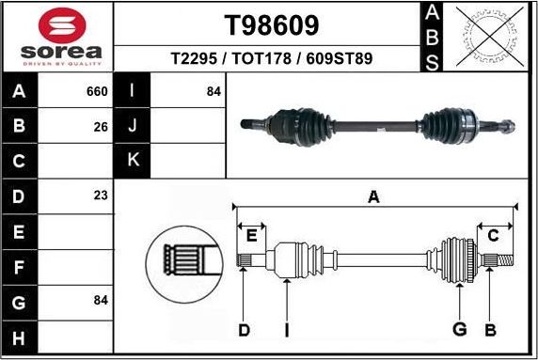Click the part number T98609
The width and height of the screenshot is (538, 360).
coord(271,23)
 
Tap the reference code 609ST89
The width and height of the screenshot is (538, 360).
coord(340,58)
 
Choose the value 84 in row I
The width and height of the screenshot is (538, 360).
coord(214,92)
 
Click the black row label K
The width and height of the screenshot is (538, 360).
coord(132,161)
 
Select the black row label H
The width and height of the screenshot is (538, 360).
coord(20,336)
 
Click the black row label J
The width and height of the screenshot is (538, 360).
coord(132,126)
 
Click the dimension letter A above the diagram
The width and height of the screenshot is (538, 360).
coord(373,197)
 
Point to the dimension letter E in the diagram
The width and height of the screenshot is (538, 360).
coord(251,235)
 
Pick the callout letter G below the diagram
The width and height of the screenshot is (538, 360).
coord(460,329)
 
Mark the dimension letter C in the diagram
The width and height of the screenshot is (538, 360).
coord(493,235)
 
